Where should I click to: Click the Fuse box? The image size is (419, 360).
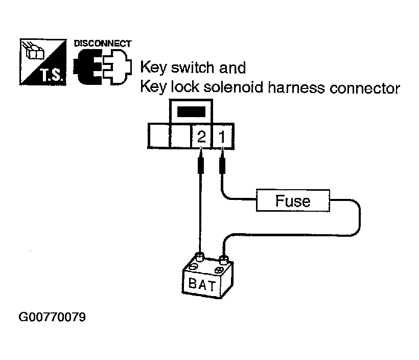tap(293, 200)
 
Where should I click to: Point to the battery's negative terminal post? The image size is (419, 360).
tap(199, 257)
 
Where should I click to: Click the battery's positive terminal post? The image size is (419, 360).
tap(223, 259)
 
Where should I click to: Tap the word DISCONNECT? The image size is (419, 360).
tap(103, 43)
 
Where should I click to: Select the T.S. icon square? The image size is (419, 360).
tap(43, 62)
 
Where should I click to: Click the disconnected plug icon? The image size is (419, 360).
tap(102, 67)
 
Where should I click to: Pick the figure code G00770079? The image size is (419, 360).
tap(52, 317)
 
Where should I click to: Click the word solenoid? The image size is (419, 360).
tap(234, 87)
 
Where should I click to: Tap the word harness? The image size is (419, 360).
tap(296, 87)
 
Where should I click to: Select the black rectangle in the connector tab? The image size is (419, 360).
tap(191, 112)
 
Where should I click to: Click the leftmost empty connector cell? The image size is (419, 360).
tap(159, 136)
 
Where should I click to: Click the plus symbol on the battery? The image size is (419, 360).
tap(219, 270)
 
